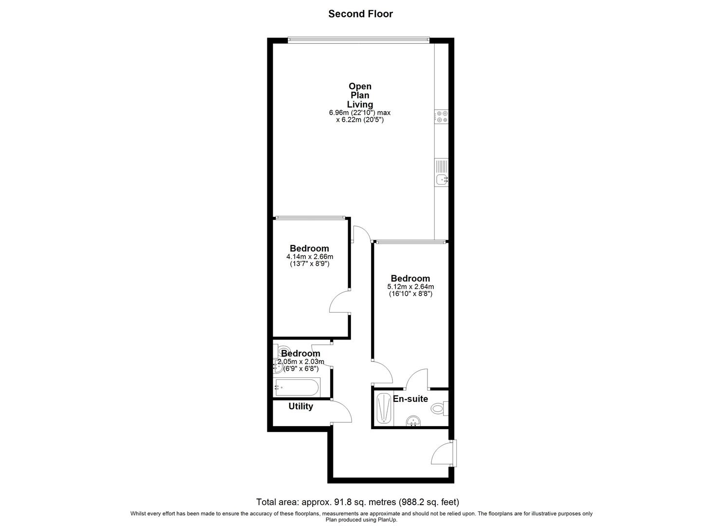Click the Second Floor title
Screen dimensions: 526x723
360,14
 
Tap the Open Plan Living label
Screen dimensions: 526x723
360,95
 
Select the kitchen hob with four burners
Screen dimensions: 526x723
442,116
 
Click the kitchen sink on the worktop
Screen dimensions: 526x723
442,180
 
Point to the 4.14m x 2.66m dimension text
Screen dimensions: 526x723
310,257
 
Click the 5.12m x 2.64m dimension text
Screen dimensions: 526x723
410,287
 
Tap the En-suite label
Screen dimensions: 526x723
410,399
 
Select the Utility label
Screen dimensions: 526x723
300,406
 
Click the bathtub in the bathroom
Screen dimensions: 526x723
296,388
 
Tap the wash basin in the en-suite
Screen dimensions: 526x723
413,421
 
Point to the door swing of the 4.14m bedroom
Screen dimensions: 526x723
339,303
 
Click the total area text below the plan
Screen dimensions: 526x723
358,502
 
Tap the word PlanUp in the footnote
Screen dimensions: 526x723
387,520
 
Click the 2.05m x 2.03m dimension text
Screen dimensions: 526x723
300,361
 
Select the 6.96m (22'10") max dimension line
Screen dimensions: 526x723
359,113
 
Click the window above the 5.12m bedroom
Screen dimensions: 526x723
410,241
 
